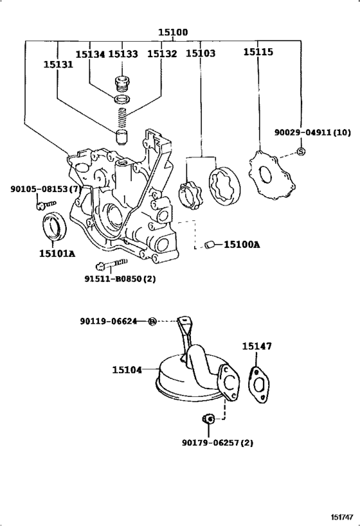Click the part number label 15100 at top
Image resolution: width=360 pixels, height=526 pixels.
173,32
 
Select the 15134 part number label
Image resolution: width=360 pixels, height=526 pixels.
90,54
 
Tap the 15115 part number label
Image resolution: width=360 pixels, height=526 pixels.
258,51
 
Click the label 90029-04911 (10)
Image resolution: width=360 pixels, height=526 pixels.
312,132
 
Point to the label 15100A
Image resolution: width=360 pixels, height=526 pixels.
242,245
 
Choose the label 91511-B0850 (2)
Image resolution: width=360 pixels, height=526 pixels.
120,279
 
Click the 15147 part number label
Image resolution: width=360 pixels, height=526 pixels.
257,346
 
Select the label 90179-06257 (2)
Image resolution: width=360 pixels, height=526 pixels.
218,443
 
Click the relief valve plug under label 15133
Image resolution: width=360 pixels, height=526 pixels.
122,84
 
